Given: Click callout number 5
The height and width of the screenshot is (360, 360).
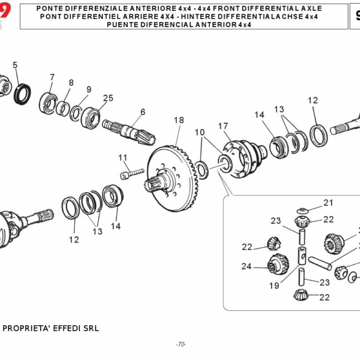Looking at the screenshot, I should tap(15, 65).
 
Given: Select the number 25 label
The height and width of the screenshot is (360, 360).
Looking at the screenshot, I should tap(108, 98).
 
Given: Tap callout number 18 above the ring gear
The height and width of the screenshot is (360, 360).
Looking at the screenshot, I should tap(179, 120).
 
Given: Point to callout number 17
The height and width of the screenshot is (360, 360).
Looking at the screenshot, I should tap(223, 126).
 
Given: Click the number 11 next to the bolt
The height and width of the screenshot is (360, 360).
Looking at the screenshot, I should tap(123, 158).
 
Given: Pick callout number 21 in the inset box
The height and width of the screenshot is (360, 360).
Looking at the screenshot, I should tap(328, 203).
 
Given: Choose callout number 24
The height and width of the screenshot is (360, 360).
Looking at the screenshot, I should tap(246, 266).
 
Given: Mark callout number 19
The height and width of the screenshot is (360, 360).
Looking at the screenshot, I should tap(274, 286).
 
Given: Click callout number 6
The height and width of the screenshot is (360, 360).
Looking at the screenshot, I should tap(143, 112).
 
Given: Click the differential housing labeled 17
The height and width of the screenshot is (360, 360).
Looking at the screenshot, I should tap(242, 158).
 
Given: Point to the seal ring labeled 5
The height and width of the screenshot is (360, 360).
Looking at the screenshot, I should tap(23, 94).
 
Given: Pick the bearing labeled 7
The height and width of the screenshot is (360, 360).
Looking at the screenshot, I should tap(48, 100).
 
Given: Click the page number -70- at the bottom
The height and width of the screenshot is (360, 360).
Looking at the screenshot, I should tap(181, 344).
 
